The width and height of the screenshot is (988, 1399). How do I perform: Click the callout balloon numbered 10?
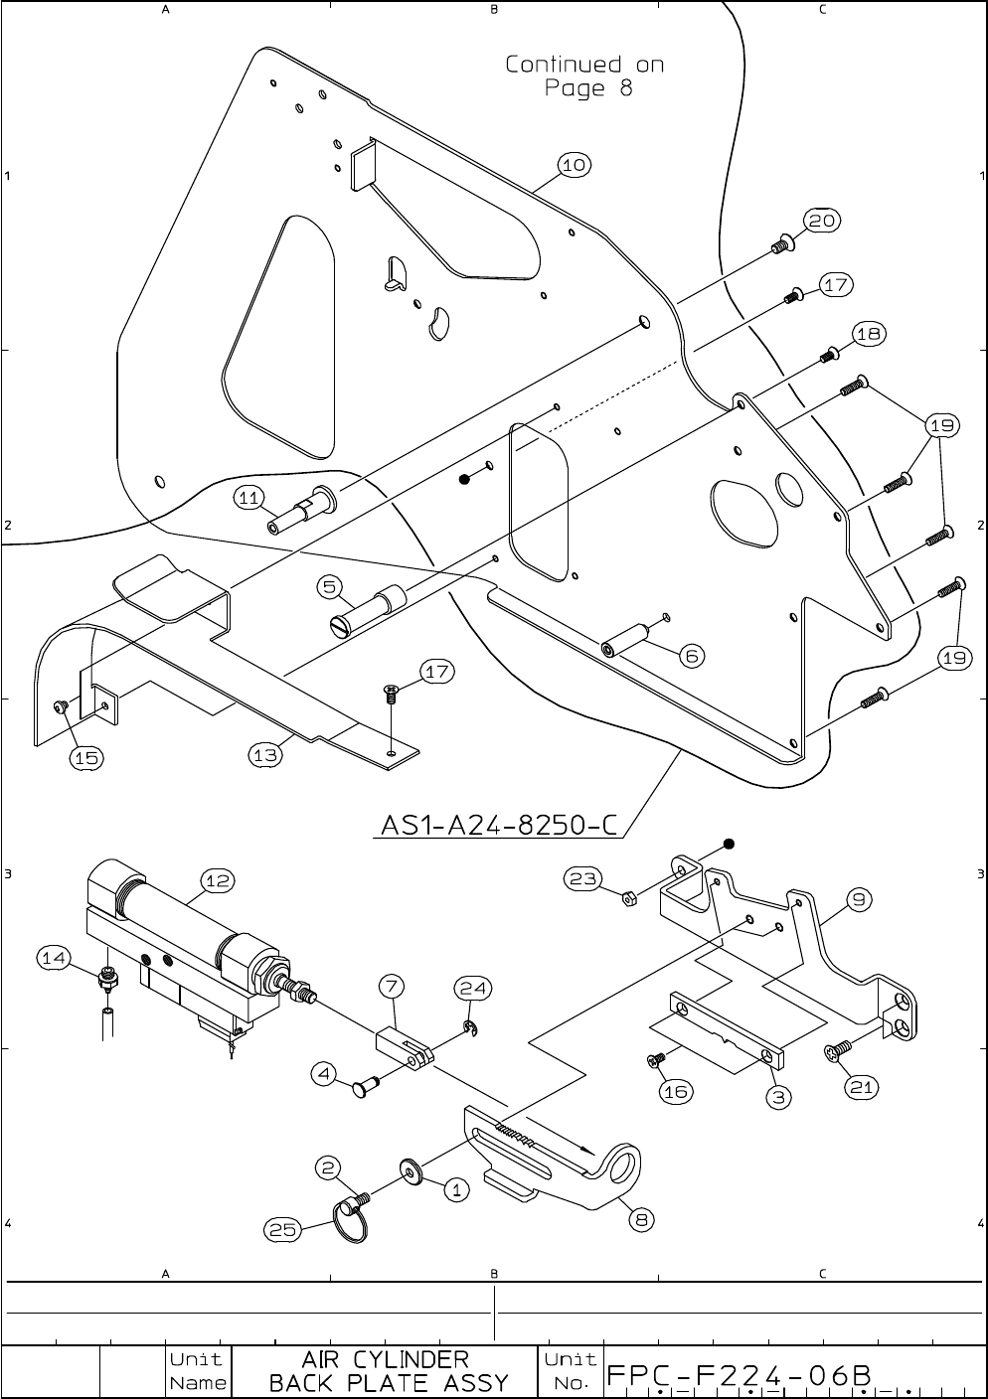575,165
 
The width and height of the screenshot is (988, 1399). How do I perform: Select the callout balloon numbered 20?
822,221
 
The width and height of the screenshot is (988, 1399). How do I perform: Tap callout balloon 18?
868,333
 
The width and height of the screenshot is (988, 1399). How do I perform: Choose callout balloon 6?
692,655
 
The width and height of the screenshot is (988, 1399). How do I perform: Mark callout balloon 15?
86,757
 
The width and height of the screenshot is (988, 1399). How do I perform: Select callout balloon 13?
265,755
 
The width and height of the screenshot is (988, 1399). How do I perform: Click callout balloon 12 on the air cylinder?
218,880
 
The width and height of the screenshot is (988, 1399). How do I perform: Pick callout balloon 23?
582,878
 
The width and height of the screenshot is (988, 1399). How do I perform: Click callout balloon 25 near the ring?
282,1229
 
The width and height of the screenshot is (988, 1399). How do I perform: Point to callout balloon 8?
643,1221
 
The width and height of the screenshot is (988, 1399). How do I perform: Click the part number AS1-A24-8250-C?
499,825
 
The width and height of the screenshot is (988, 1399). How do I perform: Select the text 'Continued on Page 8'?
584,77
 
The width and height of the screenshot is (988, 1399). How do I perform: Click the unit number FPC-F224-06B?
741,1375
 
